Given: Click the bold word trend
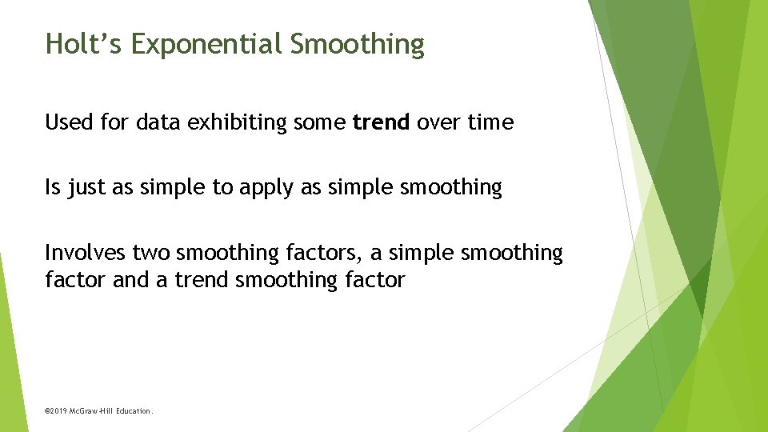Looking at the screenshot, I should pos(381,122).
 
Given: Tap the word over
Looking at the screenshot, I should pos(437,122).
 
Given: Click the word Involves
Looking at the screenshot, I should pos(85,253).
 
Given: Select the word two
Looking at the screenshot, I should pos(152,253).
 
